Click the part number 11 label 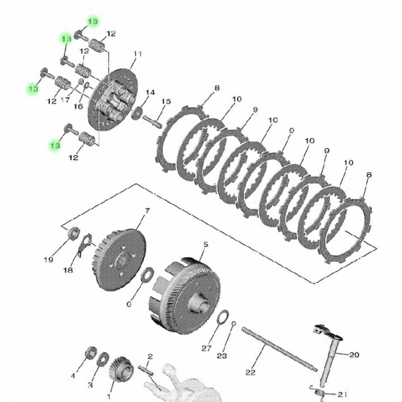[x=137, y=54]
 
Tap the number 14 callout [x=150, y=92]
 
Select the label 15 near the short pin [x=166, y=102]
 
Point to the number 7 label [x=147, y=211]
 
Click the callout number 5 [x=206, y=245]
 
